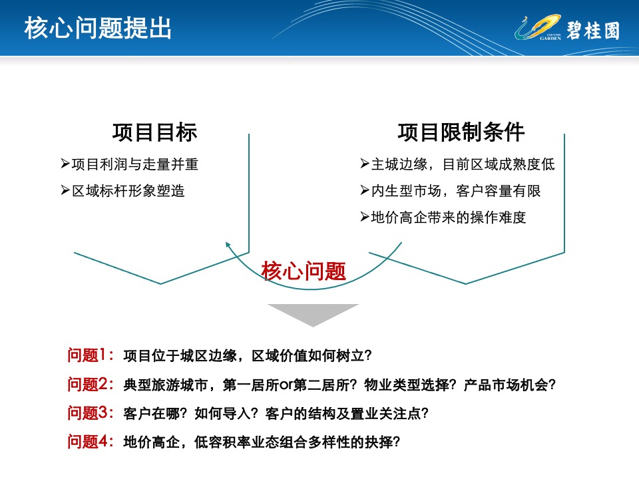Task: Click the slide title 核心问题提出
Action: (x=98, y=28)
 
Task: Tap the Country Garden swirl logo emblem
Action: (x=538, y=27)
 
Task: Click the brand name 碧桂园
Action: (x=593, y=31)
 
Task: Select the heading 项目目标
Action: (x=155, y=132)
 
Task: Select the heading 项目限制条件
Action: (x=461, y=132)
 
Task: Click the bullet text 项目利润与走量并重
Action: (x=135, y=164)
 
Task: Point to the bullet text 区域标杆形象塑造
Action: (x=128, y=191)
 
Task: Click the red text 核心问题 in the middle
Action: (x=304, y=271)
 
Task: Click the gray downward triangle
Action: (x=313, y=313)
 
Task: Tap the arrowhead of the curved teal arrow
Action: (x=228, y=244)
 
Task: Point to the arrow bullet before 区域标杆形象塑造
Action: (x=65, y=190)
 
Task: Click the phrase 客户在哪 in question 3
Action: (x=152, y=413)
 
